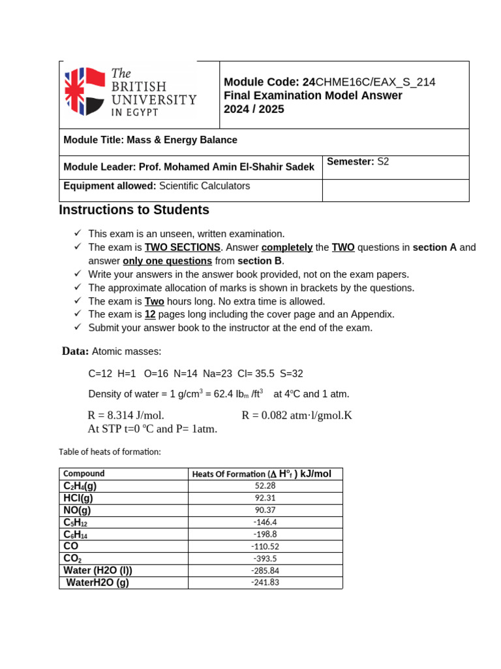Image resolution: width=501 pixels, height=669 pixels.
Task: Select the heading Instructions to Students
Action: pos(134,210)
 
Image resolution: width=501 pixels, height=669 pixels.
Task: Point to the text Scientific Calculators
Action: pos(204,186)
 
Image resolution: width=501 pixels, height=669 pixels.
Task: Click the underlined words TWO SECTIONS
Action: pos(182,248)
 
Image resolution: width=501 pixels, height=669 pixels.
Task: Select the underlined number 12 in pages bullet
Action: pos(150,314)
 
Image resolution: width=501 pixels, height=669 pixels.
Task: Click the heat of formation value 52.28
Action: pos(265,486)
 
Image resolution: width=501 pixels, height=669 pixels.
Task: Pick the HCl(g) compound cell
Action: pos(82,498)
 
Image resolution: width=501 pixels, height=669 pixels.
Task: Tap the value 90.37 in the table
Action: pos(265,510)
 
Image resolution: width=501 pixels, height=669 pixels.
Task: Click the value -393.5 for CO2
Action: pos(265,559)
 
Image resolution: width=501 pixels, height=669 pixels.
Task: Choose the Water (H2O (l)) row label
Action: pos(98,570)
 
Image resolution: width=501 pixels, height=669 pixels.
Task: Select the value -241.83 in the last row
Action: pos(265,583)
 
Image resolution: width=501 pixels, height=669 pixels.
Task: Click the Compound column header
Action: pos(83,474)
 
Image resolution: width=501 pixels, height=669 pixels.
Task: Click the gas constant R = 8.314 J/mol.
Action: pos(126,416)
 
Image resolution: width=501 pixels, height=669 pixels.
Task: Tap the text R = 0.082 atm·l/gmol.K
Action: pos(297,416)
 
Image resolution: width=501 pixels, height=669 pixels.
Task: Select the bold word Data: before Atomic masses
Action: pos(75,351)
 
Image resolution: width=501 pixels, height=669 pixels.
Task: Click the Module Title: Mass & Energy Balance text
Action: pos(150,140)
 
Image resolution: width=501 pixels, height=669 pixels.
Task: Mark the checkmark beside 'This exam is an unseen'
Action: pos(77,233)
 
